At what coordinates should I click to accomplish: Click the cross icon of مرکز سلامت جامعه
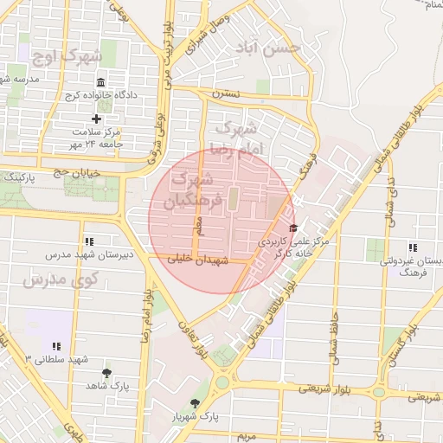pyautogui.click(x=96, y=119)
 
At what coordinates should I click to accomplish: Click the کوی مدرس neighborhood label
pyautogui.click(x=61, y=279)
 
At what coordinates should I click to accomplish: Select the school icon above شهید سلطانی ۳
pyautogui.click(x=56, y=345)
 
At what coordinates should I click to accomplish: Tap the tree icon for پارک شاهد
pyautogui.click(x=106, y=373)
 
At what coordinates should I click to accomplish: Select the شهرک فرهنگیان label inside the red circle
pyautogui.click(x=198, y=190)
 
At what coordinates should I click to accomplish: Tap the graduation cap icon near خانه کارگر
pyautogui.click(x=292, y=228)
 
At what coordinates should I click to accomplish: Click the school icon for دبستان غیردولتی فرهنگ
pyautogui.click(x=412, y=247)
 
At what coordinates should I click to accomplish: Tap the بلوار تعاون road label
pyautogui.click(x=192, y=340)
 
